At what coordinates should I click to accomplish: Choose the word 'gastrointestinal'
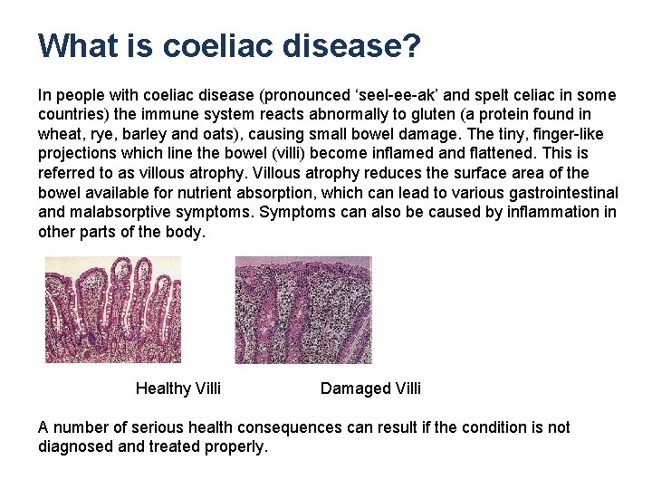click(x=561, y=192)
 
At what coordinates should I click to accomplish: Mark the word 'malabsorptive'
click(x=114, y=212)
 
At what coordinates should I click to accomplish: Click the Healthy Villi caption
click(x=178, y=388)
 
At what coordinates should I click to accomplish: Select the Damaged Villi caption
click(x=370, y=388)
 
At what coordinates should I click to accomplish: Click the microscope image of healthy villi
click(x=113, y=310)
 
